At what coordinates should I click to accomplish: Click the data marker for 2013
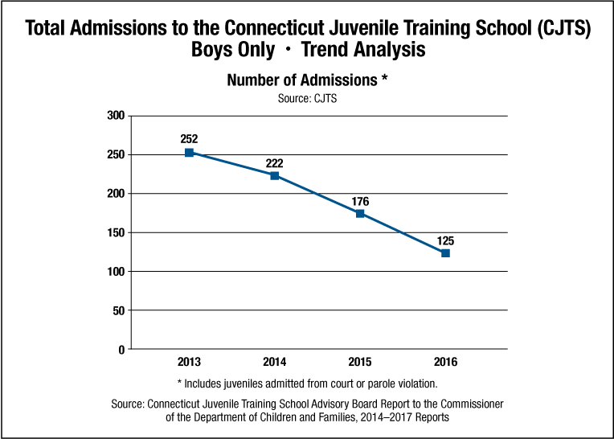tap(189, 153)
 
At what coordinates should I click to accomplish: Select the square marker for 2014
tap(274, 175)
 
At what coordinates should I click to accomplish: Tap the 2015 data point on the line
tap(360, 213)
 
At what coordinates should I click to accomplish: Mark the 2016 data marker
tap(445, 253)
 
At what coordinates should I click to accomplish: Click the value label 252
tap(189, 138)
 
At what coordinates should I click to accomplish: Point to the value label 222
tap(274, 163)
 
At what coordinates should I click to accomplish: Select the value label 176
tap(360, 200)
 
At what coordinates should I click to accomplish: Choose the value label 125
tap(445, 240)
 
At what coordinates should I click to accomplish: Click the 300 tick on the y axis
tap(116, 116)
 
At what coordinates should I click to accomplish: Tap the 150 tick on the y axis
tap(116, 233)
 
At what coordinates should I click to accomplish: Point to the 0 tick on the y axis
tap(121, 350)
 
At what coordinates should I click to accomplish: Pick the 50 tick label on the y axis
tap(118, 311)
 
